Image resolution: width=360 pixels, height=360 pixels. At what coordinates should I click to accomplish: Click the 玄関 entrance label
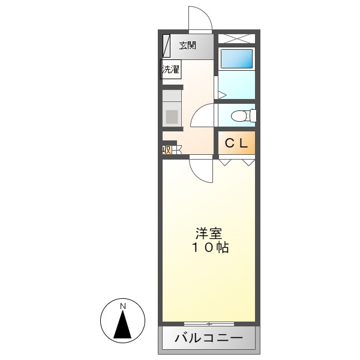coord(188,45)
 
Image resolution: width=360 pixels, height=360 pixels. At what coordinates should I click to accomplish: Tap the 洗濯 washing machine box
coord(170,70)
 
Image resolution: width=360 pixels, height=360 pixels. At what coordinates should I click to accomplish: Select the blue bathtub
coord(236,59)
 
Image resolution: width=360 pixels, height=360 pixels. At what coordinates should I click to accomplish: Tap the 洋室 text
coord(208,233)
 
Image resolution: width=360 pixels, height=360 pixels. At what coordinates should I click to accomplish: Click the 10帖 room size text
coord(210,247)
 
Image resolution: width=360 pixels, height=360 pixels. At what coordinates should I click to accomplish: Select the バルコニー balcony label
coord(209,339)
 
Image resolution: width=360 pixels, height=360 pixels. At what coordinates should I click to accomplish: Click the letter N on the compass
coord(123,307)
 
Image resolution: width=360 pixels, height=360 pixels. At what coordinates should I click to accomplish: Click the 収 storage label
coord(167,149)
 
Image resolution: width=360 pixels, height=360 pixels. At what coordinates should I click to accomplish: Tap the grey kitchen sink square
coord(172,116)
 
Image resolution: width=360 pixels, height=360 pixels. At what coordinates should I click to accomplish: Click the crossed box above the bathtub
coord(236,38)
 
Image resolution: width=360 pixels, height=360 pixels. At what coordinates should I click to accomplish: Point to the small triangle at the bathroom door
coord(221,94)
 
